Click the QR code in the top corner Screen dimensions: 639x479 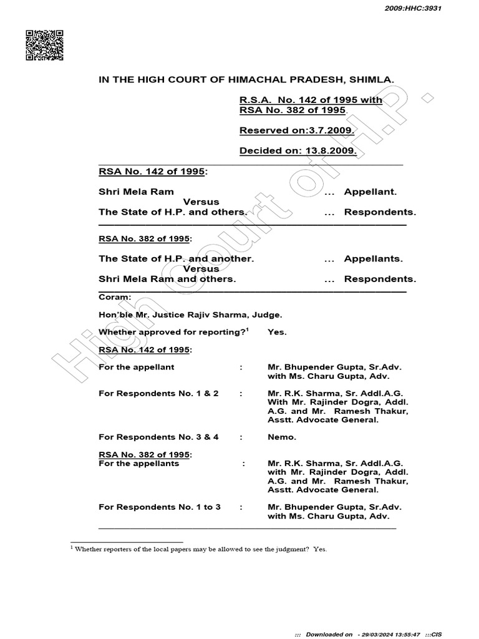[x=44, y=45]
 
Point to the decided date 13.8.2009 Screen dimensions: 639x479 [x=329, y=151]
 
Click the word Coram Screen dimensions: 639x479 [x=115, y=297]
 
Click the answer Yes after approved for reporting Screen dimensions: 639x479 [x=277, y=332]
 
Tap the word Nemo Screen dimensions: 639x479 [x=281, y=437]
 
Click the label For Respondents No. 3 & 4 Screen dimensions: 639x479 [x=158, y=437]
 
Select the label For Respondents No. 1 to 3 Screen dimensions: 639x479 [x=160, y=507]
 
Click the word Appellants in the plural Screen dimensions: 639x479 [x=373, y=258]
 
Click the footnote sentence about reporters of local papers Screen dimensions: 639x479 [x=200, y=550]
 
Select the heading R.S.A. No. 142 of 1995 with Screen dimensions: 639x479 [x=311, y=100]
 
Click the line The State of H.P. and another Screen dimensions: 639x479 [x=176, y=258]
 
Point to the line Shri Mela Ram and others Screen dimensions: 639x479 [x=167, y=279]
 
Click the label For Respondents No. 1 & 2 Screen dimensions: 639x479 [x=158, y=394]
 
